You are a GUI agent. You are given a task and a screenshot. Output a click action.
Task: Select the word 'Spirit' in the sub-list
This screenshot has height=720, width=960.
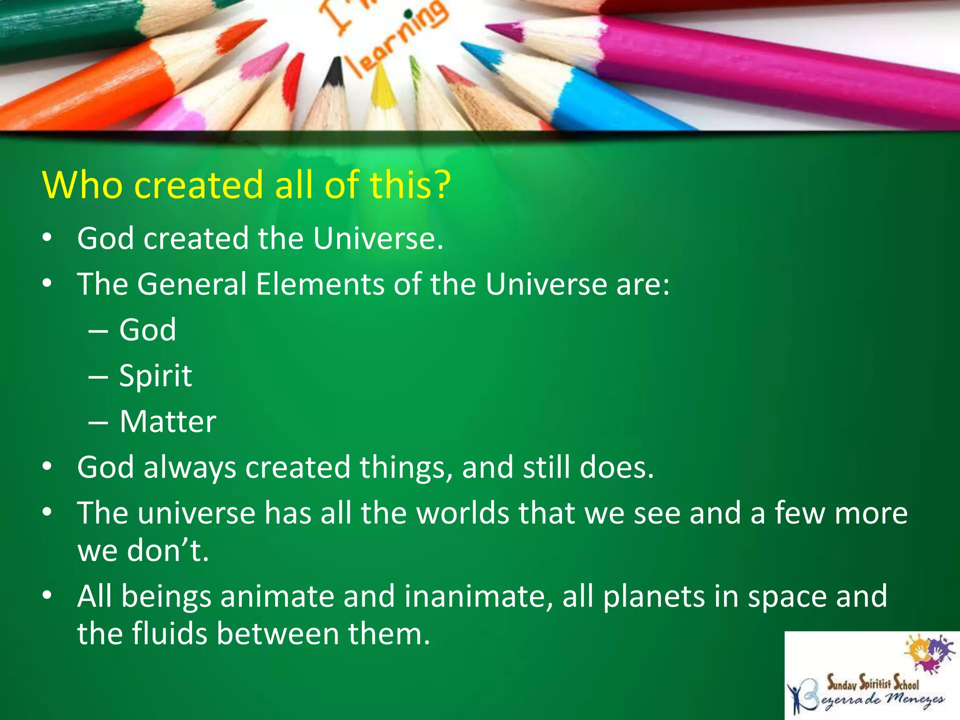155,376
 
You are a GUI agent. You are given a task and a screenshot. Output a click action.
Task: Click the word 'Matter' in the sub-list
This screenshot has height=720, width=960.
167,421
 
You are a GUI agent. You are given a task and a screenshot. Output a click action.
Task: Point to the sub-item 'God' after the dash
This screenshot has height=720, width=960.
148,330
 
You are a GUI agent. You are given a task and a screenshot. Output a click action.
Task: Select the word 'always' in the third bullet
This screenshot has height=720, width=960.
190,468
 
